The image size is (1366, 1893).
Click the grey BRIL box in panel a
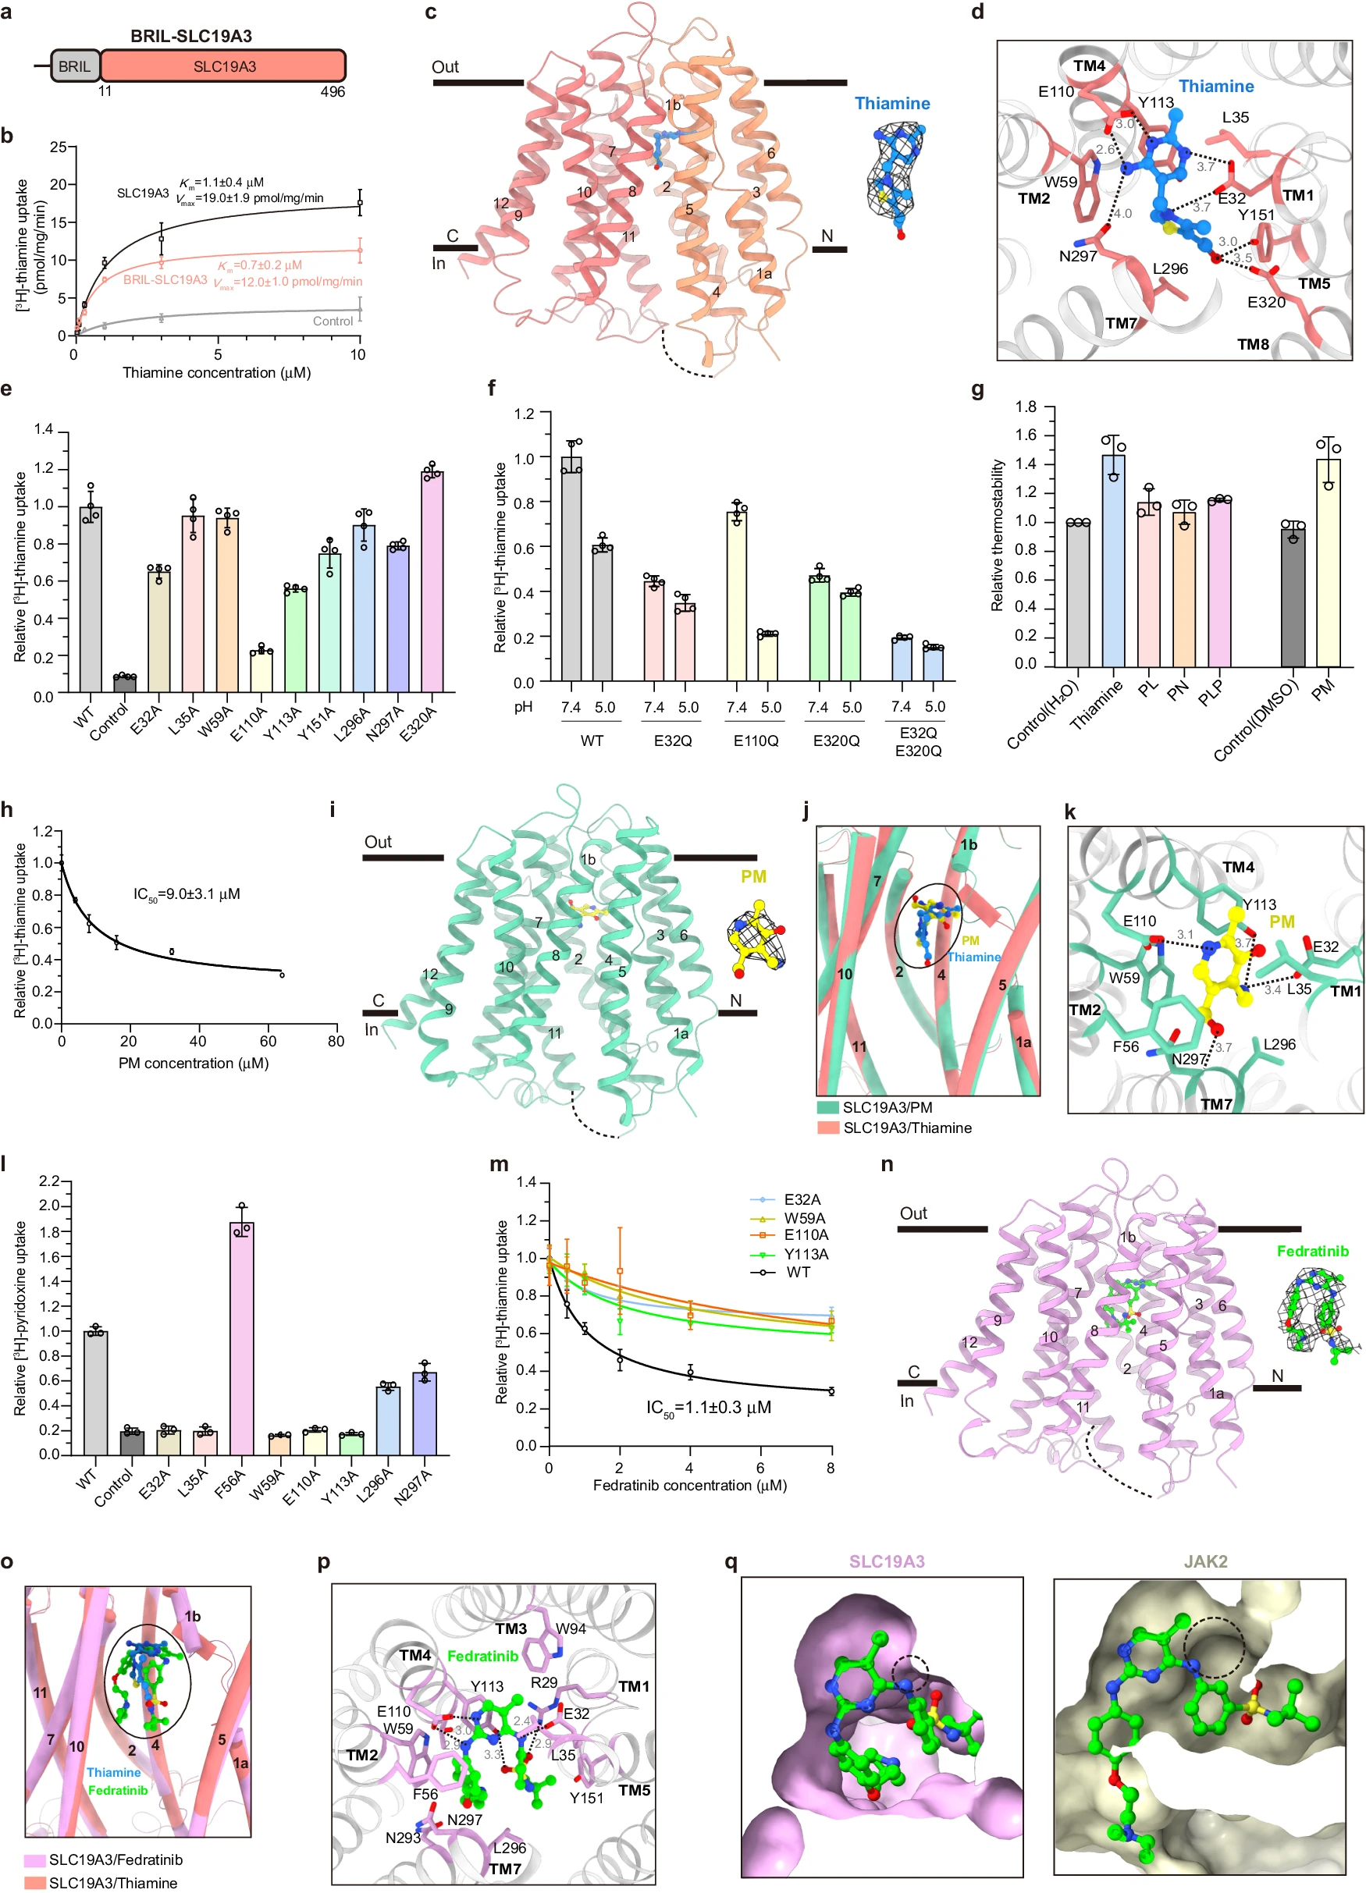point(75,66)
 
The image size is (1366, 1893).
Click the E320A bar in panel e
point(432,582)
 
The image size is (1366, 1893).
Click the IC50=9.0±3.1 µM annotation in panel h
point(187,895)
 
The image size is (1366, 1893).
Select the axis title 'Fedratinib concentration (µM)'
point(690,1486)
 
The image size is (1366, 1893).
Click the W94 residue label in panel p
point(571,1628)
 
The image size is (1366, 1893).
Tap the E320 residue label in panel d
point(1266,302)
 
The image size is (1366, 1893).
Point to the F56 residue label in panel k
point(1126,1046)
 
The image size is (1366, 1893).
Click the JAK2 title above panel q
point(1205,1561)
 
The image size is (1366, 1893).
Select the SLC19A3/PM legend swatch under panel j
point(828,1107)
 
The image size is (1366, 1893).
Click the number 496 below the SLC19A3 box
point(333,92)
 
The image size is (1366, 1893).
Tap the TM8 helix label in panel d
point(1253,345)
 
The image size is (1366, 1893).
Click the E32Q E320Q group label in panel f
point(919,741)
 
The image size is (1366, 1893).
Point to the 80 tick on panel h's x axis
point(336,1042)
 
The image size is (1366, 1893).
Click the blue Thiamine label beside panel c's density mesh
point(891,104)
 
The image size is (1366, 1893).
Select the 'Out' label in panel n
point(912,1213)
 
